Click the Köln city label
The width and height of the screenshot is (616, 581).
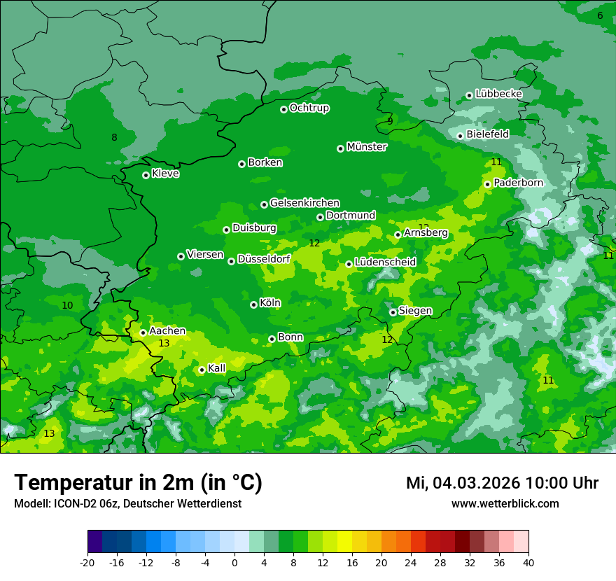coord(270,303)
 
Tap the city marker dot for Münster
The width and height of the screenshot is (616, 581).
coord(341,148)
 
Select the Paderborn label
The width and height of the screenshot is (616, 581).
coord(518,183)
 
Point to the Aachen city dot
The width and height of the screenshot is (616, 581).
coord(143,332)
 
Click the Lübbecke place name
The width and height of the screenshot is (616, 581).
coord(498,94)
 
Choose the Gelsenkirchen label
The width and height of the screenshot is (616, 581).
coord(304,203)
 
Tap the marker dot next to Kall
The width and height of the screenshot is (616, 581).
coord(202,370)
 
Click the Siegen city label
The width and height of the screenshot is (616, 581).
coord(415,311)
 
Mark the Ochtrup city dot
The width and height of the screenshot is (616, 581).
coord(283,109)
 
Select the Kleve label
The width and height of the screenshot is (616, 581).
coord(165,174)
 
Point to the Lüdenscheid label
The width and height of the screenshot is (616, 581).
coord(385,262)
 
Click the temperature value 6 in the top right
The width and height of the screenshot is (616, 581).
coord(600,15)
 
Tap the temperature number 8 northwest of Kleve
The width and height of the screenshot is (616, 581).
coord(114,137)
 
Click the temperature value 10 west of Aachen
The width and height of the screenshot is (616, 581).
coord(67,305)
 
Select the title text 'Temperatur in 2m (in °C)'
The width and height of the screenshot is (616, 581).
coord(138,482)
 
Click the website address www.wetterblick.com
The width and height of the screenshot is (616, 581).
coord(505,503)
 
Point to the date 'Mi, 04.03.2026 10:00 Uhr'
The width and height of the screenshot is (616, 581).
coord(502,483)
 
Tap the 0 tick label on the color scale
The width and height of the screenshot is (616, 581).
coord(234,562)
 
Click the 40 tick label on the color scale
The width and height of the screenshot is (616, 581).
coord(528,562)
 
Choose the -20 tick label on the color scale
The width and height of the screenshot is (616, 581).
coord(87,562)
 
